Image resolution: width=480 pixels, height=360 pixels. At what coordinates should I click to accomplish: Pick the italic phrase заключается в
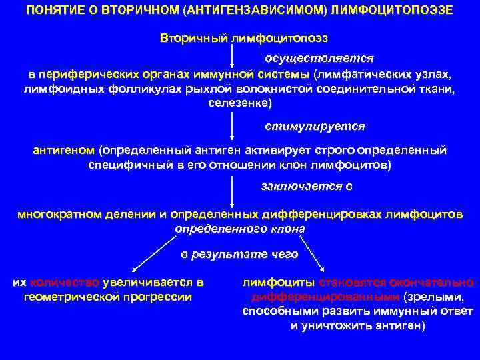click(x=307, y=186)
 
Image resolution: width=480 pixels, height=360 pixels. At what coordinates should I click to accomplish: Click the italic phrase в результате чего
click(x=240, y=254)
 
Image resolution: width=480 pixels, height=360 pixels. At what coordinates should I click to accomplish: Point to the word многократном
click(x=58, y=215)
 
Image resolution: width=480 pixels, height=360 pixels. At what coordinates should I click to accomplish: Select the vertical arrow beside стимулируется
click(x=231, y=124)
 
